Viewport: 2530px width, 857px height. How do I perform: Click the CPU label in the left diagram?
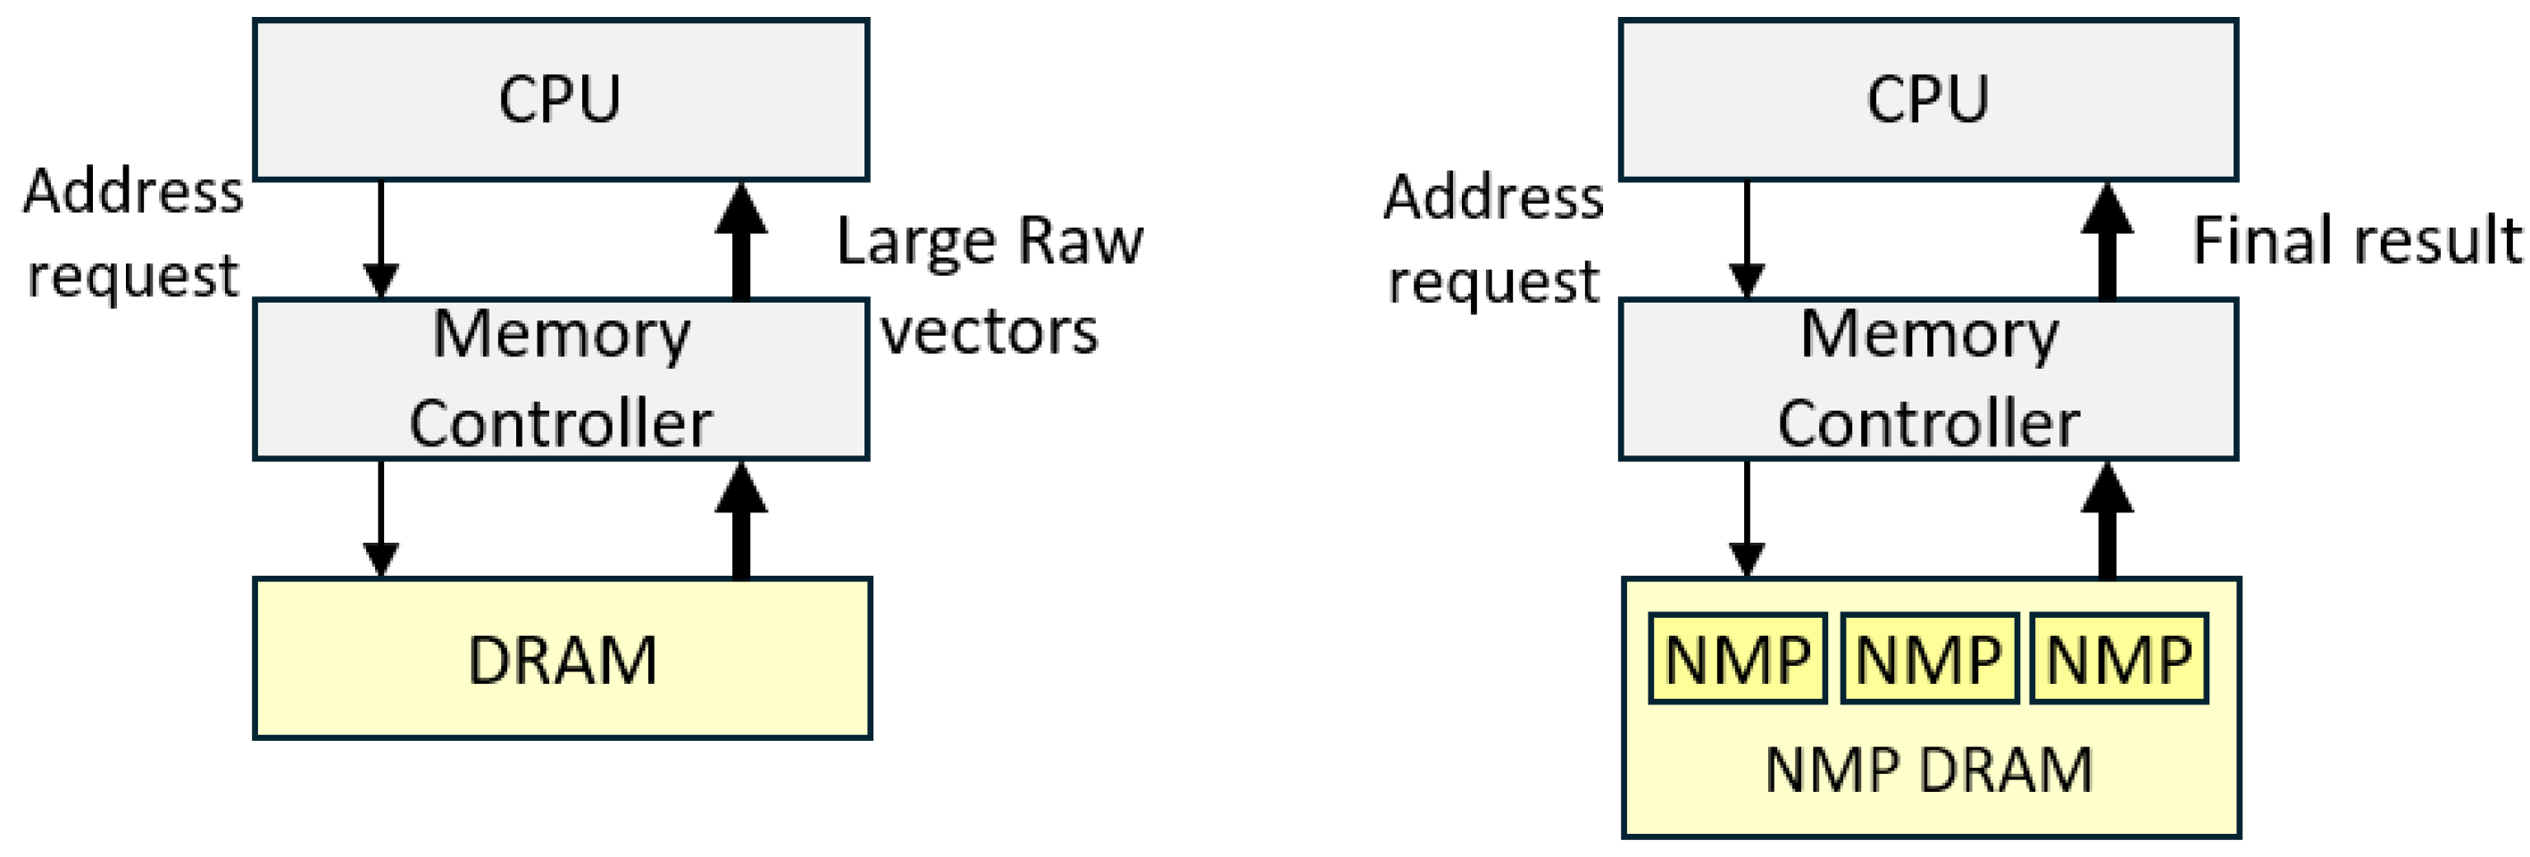click(x=559, y=99)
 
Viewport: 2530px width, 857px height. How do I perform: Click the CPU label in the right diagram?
click(x=1927, y=99)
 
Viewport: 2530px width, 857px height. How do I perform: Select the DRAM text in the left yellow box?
click(x=562, y=660)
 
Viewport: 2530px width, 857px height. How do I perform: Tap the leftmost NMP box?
click(x=1736, y=659)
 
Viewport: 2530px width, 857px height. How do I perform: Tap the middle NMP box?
click(x=1928, y=659)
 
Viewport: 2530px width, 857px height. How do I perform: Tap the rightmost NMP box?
click(x=2118, y=659)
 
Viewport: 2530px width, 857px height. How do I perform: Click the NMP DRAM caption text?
click(x=1928, y=769)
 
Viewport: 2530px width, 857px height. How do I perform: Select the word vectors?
click(x=988, y=332)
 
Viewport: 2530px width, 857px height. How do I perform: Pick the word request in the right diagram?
click(x=1493, y=283)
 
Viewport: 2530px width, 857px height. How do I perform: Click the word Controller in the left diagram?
click(x=560, y=424)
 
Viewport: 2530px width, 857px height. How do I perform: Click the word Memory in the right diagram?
click(x=1928, y=335)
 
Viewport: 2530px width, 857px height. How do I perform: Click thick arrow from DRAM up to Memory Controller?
click(x=740, y=520)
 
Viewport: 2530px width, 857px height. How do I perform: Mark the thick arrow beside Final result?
click(x=2107, y=240)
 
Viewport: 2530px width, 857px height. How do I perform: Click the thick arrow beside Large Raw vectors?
click(x=740, y=240)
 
